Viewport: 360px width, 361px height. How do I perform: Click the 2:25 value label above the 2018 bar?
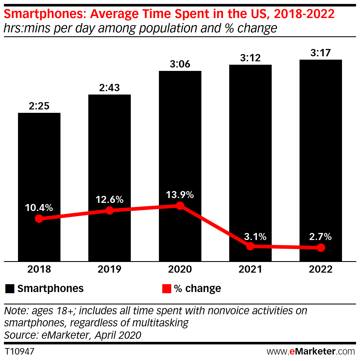click(x=39, y=106)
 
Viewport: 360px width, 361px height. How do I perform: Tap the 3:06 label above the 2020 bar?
click(x=180, y=64)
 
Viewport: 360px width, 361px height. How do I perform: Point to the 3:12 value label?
click(x=250, y=58)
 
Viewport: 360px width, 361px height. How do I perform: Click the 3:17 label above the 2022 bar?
click(x=321, y=53)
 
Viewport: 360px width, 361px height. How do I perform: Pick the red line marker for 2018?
click(x=39, y=219)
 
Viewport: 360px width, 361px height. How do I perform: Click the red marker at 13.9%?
click(x=180, y=206)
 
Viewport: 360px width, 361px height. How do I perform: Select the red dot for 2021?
click(x=250, y=246)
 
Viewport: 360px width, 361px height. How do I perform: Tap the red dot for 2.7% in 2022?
click(x=321, y=248)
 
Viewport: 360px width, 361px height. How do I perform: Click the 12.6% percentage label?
click(x=109, y=200)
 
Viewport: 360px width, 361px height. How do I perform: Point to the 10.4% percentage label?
click(x=39, y=208)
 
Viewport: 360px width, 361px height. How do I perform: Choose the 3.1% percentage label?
click(x=255, y=237)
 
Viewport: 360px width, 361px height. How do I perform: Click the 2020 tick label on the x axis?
click(x=180, y=269)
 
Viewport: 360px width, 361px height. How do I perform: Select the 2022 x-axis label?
click(x=321, y=269)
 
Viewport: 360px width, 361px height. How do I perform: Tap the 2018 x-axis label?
click(x=39, y=269)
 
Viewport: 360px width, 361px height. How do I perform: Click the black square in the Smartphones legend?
click(x=10, y=289)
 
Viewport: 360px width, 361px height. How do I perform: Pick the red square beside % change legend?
click(x=167, y=289)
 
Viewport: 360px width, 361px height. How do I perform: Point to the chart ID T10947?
click(x=19, y=351)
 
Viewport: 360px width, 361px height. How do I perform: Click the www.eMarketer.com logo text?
click(x=311, y=351)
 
